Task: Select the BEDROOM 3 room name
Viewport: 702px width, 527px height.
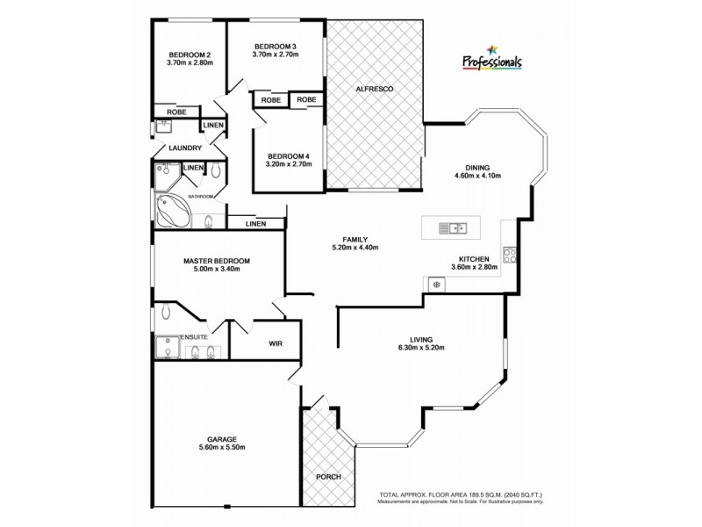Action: click(x=276, y=46)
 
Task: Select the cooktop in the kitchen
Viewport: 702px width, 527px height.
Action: click(x=509, y=256)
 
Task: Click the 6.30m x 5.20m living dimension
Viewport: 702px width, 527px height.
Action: click(x=421, y=348)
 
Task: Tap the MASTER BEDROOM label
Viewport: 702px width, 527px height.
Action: click(x=217, y=261)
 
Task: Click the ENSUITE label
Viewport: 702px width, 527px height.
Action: click(x=193, y=337)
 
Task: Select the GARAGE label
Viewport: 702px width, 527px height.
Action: click(x=223, y=438)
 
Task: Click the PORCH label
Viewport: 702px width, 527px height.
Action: click(x=328, y=477)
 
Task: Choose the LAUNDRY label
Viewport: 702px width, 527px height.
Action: click(x=185, y=148)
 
